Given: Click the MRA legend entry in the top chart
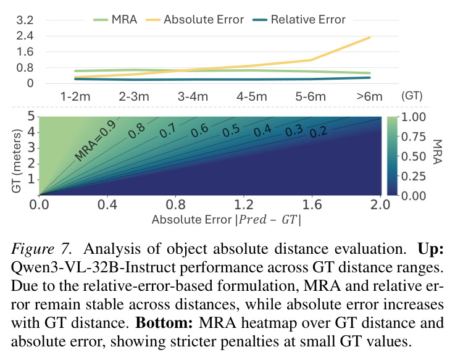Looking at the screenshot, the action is [115, 20].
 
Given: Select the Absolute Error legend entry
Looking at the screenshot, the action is [194, 20].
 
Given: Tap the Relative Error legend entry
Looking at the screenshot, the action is [299, 20].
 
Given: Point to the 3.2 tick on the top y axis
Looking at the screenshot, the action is [25, 20].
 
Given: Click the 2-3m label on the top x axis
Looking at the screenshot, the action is [134, 96].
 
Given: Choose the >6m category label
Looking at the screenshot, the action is [369, 96].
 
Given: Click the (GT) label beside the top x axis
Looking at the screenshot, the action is [412, 96].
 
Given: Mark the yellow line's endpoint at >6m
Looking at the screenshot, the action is [369, 38].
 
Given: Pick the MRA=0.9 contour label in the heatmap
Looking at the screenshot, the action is [96, 141].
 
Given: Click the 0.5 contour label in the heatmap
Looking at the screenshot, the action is [231, 131].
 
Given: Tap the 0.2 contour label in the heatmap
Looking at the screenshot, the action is [319, 132].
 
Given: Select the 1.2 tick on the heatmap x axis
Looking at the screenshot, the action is [244, 205].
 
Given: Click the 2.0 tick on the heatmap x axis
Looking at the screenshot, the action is [380, 205].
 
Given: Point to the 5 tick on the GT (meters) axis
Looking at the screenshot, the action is [31, 117].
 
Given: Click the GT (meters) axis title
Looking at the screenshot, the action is [17, 161].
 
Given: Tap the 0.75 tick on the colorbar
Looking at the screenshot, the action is [414, 136].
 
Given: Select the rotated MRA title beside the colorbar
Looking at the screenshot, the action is [437, 152].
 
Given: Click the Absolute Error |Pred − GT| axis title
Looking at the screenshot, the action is [227, 220].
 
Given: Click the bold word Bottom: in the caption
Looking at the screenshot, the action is [164, 323].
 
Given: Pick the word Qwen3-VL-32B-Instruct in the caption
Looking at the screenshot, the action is [93, 267].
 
